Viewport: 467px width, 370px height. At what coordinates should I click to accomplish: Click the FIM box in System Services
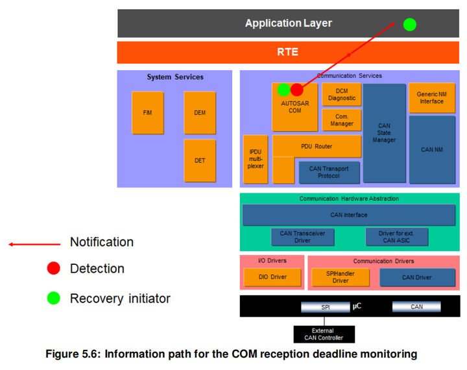point(148,113)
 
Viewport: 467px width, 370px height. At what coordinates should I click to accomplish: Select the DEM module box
point(200,113)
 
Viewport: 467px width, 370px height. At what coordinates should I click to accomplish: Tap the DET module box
point(200,161)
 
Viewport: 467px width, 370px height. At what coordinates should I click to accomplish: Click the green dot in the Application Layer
point(409,25)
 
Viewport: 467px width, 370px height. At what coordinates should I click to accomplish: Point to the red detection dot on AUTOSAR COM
point(296,90)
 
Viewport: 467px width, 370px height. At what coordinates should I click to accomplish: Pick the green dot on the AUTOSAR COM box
point(283,90)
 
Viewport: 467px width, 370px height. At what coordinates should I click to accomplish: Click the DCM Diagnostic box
point(342,95)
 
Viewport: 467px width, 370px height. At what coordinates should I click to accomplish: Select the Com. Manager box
point(342,120)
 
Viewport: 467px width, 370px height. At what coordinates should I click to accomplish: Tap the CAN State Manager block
point(384,133)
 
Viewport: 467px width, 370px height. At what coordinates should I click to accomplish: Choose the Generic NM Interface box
point(432,98)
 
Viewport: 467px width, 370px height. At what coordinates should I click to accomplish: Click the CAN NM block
point(432,150)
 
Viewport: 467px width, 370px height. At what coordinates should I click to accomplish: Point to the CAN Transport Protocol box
point(329,172)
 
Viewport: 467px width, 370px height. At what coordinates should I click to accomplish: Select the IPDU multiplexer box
point(256,159)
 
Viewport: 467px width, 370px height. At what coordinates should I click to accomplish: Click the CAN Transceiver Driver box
point(303,237)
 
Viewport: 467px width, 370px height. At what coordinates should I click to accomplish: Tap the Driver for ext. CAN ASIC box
point(397,237)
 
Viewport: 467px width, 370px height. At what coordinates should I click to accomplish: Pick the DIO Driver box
point(272,277)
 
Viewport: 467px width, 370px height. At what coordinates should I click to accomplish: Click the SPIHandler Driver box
point(341,277)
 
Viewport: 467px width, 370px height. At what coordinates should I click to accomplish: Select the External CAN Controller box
point(324,334)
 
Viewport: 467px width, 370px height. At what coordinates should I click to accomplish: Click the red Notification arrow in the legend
point(34,245)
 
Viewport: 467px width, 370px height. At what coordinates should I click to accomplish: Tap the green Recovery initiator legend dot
point(54,298)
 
